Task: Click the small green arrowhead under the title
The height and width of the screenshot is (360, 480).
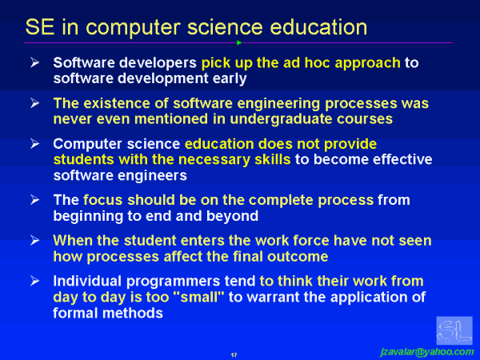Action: pyautogui.click(x=239, y=42)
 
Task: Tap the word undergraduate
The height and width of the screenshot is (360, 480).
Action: pyautogui.click(x=249, y=119)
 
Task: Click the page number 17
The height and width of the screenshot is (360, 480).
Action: pyautogui.click(x=234, y=353)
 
